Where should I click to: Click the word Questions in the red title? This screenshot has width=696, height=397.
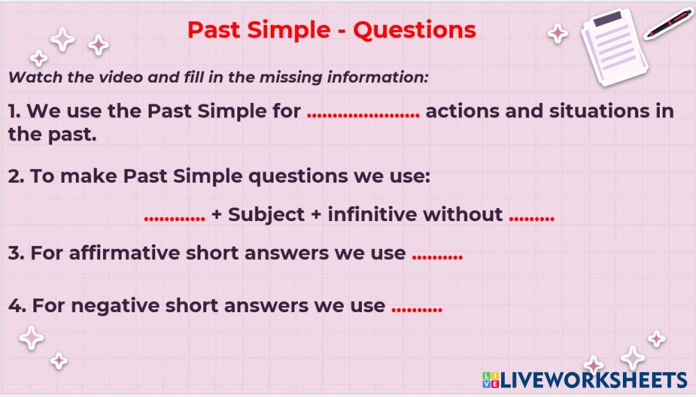point(415,30)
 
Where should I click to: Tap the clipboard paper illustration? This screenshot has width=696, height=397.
point(615,47)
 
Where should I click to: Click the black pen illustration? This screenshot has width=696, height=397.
point(668,24)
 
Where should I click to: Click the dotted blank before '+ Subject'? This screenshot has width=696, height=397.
point(175,219)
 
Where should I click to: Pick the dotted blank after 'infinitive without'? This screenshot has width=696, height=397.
point(531,218)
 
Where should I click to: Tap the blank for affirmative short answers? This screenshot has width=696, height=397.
point(437,257)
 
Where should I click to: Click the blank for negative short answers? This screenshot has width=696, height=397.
point(417,309)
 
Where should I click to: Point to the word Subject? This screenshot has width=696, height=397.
point(266,215)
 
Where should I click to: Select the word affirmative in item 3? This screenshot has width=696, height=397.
point(124,253)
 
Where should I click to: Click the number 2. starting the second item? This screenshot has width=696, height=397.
point(16,176)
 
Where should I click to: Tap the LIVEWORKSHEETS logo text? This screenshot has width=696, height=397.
point(594,380)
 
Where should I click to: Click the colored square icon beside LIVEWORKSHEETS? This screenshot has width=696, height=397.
point(491,380)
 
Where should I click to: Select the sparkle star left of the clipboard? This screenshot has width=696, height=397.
point(557,33)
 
